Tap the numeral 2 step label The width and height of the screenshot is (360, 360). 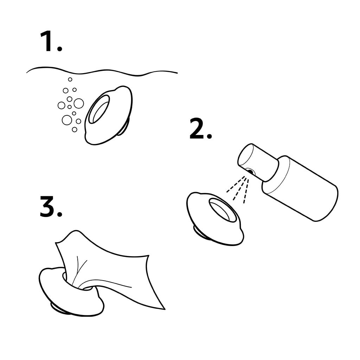197,129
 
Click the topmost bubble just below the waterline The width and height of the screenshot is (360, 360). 70,79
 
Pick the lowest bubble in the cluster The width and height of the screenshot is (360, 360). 75,130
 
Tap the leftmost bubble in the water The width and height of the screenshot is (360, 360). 61,105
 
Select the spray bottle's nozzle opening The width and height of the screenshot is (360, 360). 250,172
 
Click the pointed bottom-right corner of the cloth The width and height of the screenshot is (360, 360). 165,309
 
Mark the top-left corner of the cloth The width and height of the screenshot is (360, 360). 56,243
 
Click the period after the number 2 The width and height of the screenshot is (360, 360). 209,136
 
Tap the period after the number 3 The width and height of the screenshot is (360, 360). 59,214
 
